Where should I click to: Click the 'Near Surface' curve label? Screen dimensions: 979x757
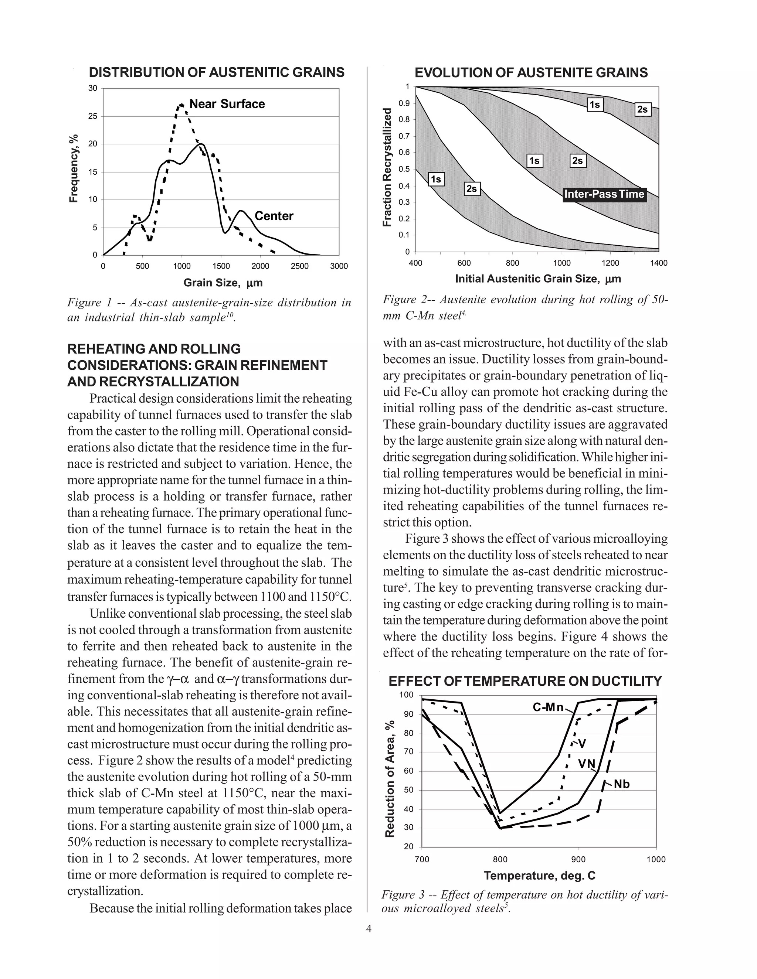coord(227,104)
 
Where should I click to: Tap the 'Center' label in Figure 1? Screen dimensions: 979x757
coord(274,216)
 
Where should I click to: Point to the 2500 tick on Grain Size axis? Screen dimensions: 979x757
coord(299,266)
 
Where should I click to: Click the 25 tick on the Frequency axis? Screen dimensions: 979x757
coord(92,116)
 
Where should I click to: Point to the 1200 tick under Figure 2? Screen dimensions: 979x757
coord(610,263)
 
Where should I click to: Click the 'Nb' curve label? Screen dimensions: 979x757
coord(622,784)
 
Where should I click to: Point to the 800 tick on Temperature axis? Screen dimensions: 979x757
coord(500,859)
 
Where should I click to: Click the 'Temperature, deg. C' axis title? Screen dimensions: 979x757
coord(540,876)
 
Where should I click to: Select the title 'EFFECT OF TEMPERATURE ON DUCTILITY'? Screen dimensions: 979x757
coord(525,681)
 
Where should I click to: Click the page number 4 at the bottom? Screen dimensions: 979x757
coord(369,928)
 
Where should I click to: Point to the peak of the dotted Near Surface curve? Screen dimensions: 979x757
coord(181,105)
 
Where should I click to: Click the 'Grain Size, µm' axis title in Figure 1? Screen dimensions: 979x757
coord(223,283)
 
